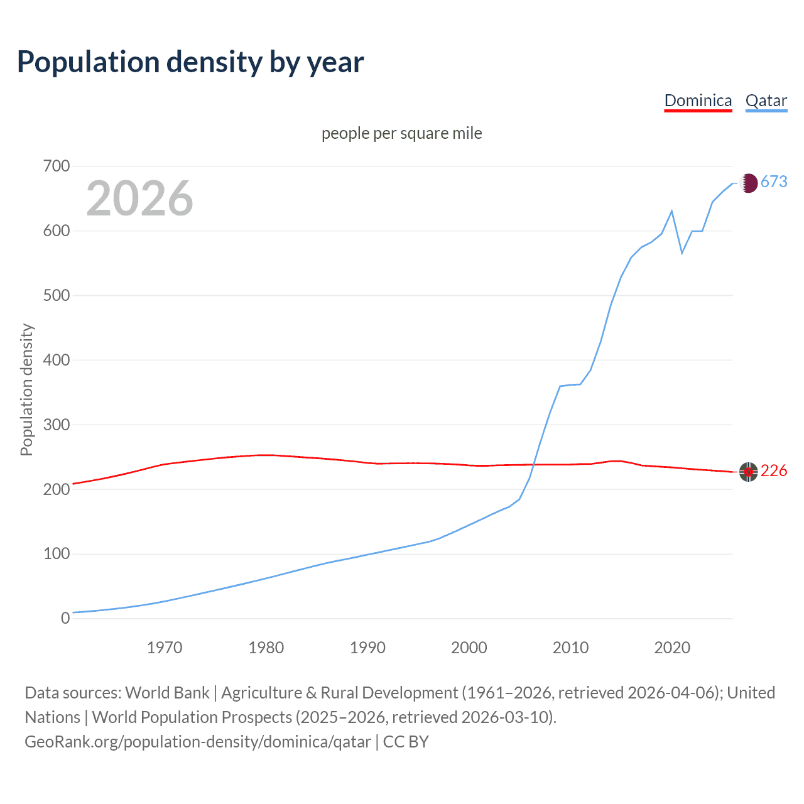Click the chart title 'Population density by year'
[x=190, y=62]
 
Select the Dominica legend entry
[x=698, y=100]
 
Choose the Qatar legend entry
[x=766, y=100]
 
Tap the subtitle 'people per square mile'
[x=401, y=133]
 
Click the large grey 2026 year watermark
[x=139, y=198]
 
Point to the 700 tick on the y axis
[x=57, y=166]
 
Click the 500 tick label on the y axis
[x=57, y=295]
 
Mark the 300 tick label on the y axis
[x=57, y=425]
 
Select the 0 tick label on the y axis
[x=65, y=618]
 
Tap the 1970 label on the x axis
[x=165, y=648]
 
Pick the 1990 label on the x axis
[x=367, y=648]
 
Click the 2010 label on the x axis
[x=570, y=648]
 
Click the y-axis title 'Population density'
[x=26, y=389]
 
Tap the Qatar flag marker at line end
[x=748, y=183]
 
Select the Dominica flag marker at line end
[x=748, y=472]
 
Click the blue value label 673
[x=774, y=182]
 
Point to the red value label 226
[x=774, y=471]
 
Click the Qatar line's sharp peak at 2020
[x=672, y=211]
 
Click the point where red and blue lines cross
[x=533, y=465]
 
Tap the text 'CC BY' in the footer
[x=406, y=742]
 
